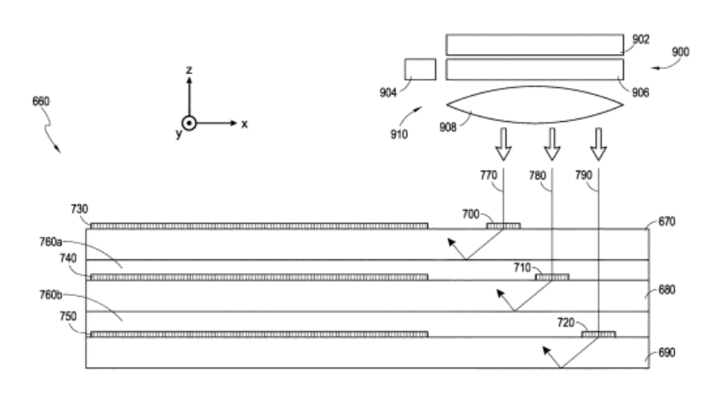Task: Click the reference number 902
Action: point(641,39)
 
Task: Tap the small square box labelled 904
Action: point(420,70)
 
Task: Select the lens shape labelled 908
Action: point(535,105)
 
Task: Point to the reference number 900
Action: point(680,52)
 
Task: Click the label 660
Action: point(41,101)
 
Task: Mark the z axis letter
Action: point(189,70)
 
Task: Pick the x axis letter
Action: point(244,124)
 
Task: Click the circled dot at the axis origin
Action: point(189,124)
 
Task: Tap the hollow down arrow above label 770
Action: point(504,144)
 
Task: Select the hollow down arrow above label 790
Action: point(598,144)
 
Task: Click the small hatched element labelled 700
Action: point(503,226)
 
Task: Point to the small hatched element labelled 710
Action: point(551,277)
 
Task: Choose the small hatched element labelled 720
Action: point(598,334)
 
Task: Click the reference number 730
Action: point(79,209)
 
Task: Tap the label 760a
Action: point(50,242)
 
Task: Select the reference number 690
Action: point(666,353)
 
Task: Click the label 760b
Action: point(50,295)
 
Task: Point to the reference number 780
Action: point(538,175)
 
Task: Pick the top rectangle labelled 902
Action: point(534,44)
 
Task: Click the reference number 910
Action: point(399,135)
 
